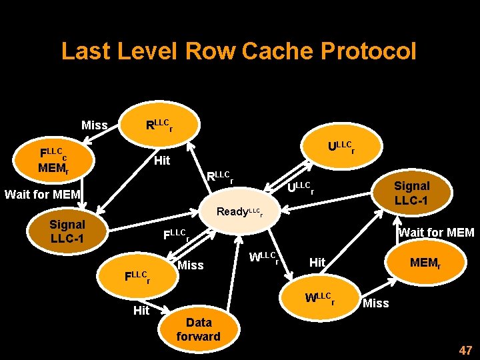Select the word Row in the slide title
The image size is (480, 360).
click(211, 51)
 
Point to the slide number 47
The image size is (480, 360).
click(465, 350)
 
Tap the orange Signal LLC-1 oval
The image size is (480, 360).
click(411, 193)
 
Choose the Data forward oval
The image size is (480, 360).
click(198, 329)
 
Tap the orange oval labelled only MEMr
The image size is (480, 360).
click(425, 263)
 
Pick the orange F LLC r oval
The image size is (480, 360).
click(138, 276)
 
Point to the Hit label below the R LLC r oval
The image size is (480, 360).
click(162, 161)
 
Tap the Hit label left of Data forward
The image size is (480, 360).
click(141, 310)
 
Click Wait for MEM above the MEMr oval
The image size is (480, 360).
click(436, 233)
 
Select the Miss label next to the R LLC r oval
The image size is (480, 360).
click(94, 125)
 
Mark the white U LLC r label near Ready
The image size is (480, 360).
click(300, 189)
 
